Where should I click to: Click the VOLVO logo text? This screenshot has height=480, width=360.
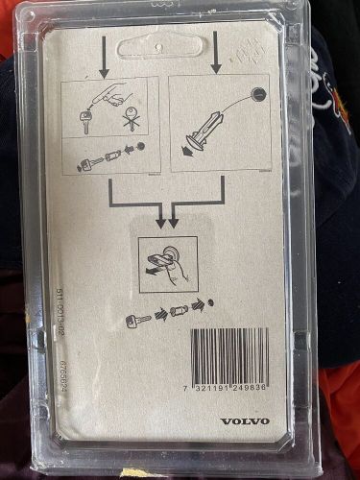[245, 420]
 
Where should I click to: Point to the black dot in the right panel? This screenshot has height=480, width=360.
[258, 94]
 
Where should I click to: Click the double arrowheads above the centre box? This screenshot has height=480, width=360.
[167, 222]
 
